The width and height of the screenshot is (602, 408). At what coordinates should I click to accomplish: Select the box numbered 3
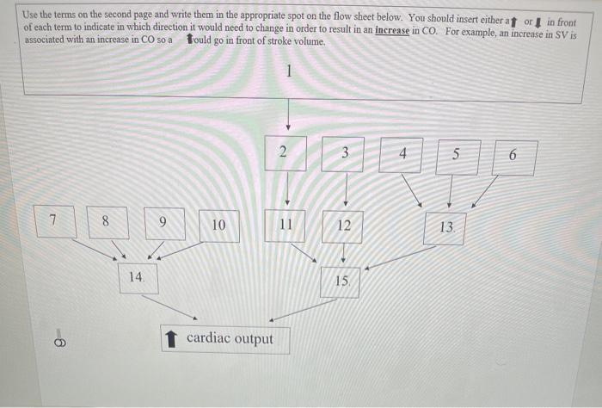(x=344, y=154)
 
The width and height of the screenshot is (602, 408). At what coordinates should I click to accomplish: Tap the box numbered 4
(x=401, y=155)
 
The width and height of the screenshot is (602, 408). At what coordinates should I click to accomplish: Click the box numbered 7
(x=53, y=220)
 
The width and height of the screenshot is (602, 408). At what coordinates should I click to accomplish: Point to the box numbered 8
(x=107, y=222)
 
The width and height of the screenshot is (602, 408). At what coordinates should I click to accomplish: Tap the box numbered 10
(x=218, y=226)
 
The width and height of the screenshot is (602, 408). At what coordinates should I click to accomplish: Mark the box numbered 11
(x=286, y=226)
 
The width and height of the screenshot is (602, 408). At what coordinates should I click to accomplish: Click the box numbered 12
(x=343, y=227)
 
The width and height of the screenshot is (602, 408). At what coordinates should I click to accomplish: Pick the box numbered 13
(x=445, y=229)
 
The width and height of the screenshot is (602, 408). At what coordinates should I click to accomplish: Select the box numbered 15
(x=341, y=281)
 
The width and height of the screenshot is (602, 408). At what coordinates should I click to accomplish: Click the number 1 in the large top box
(x=289, y=72)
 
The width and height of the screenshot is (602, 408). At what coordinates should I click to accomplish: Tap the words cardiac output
(x=230, y=338)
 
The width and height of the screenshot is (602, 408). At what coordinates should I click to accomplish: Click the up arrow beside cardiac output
(x=171, y=339)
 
